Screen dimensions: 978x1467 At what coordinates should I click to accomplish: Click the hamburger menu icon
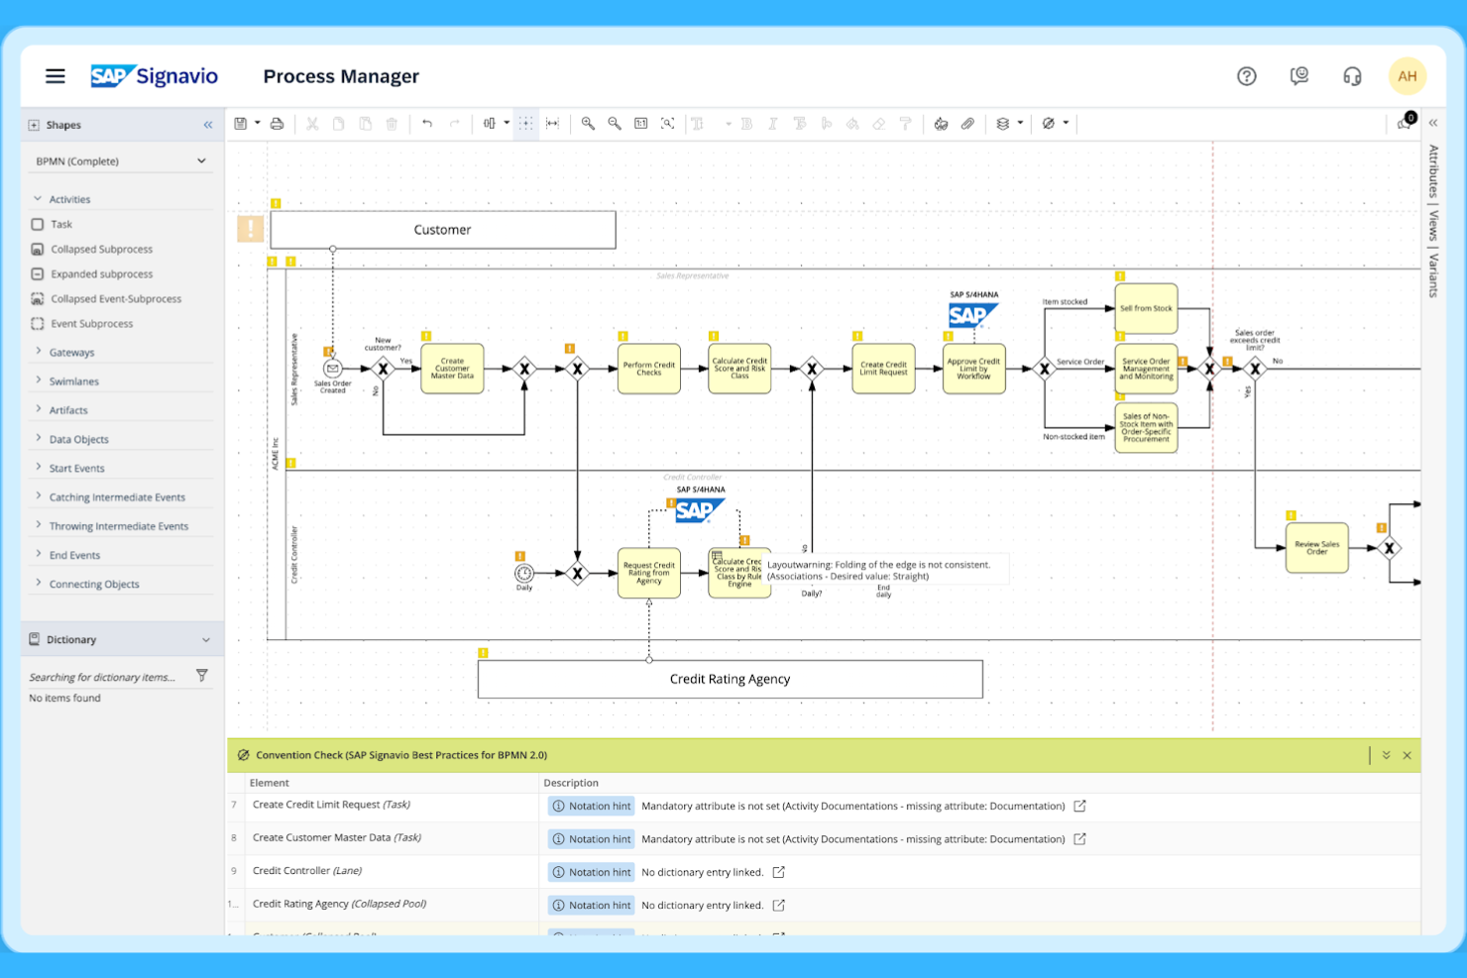(x=56, y=76)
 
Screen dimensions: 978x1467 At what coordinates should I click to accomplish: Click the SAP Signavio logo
(x=155, y=76)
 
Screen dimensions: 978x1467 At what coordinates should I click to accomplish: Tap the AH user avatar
(x=1407, y=76)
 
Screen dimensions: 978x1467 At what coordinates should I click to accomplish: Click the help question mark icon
(x=1246, y=76)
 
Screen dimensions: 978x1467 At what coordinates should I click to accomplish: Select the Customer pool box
(x=442, y=230)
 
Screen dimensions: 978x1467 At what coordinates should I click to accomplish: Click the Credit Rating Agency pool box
(x=730, y=680)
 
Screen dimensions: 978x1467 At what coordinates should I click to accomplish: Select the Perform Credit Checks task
(x=649, y=369)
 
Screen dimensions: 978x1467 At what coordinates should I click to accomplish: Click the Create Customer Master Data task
(x=452, y=369)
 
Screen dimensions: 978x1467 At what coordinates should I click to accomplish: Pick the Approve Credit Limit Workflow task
(x=973, y=369)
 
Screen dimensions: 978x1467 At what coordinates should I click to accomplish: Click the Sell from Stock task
(x=1146, y=308)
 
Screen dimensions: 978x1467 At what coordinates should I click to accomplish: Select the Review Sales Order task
(x=1316, y=547)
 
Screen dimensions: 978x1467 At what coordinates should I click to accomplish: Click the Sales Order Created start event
(x=333, y=369)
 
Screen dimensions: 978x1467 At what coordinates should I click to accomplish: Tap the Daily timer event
(x=524, y=573)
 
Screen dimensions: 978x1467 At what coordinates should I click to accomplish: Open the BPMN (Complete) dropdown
(x=120, y=162)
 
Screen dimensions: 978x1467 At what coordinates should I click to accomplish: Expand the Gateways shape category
(x=71, y=353)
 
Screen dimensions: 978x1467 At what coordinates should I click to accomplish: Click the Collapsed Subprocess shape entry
(x=101, y=250)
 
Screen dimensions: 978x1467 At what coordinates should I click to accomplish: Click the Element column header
(x=270, y=783)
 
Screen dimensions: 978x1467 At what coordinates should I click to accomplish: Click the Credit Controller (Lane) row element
(x=306, y=871)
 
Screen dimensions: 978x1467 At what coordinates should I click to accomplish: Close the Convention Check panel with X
(x=1407, y=755)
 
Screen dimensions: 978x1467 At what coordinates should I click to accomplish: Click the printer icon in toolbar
(x=278, y=124)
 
